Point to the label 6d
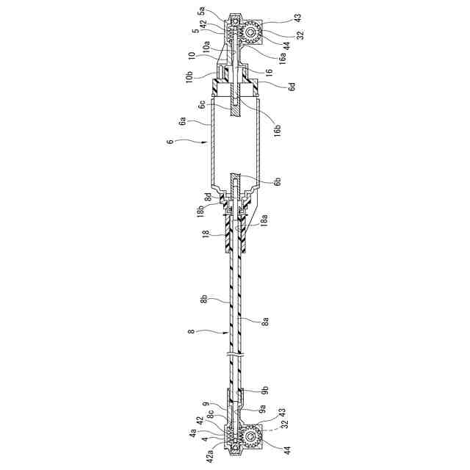pyautogui.click(x=291, y=86)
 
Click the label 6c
pyautogui.click(x=200, y=105)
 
